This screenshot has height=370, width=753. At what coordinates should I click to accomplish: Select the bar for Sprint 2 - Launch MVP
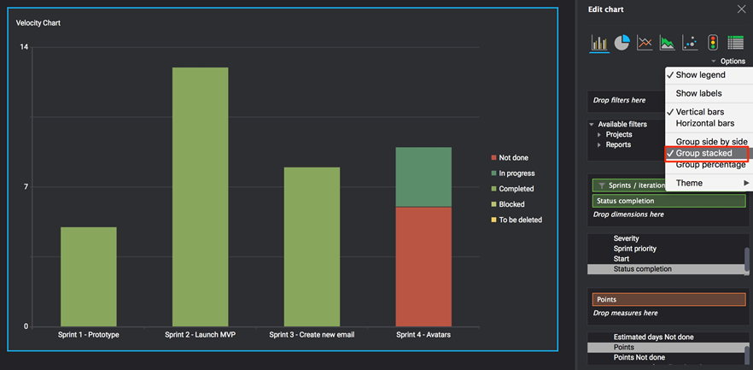pos(200,197)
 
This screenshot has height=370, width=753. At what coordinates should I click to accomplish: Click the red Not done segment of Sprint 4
pos(423,266)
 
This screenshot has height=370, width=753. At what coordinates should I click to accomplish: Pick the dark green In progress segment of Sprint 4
pos(423,177)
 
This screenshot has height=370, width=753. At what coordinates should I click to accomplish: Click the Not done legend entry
pos(513,158)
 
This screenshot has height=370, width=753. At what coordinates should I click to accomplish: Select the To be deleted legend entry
pos(520,220)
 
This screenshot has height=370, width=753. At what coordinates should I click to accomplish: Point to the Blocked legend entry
pos(511,204)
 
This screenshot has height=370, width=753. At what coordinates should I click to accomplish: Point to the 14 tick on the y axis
pos(24,47)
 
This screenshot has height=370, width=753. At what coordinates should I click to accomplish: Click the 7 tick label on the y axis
pos(26,186)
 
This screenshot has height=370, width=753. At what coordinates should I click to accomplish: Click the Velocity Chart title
pos(38,23)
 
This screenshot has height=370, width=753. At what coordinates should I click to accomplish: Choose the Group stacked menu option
pos(703,153)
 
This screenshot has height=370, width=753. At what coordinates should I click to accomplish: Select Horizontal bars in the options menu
pos(704,123)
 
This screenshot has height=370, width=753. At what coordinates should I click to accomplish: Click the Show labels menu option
pos(698,93)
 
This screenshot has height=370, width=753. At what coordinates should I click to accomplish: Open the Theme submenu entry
pos(690,183)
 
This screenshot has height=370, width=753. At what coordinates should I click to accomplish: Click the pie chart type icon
pos(622,43)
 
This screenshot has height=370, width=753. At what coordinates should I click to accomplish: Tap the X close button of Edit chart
pos(740,9)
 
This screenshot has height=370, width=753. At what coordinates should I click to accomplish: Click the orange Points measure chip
pos(668,300)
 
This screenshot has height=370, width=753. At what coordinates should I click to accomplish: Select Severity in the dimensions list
pos(626,238)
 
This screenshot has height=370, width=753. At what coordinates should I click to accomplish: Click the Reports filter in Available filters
pos(618,144)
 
